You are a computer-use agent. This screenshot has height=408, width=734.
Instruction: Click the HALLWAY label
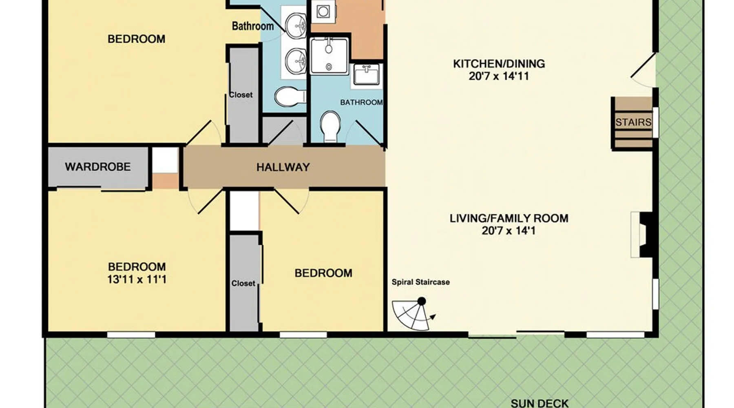283,167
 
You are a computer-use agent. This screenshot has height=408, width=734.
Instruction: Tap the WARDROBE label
98,167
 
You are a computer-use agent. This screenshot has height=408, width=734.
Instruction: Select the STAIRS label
633,122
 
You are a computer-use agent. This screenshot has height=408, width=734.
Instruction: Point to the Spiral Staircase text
421,282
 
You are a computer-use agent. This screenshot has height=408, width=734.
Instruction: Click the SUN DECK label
539,404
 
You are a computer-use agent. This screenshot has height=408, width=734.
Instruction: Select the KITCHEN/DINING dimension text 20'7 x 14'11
499,76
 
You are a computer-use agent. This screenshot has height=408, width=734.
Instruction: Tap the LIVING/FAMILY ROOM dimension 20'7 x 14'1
508,231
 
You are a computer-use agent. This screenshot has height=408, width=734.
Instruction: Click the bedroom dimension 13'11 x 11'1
137,279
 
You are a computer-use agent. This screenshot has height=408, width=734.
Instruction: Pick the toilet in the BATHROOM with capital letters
330,126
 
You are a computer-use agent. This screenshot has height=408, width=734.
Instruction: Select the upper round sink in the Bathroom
296,25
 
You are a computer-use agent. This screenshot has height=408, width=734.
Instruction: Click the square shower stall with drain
329,56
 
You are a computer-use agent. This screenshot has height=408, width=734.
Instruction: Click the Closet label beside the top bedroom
241,95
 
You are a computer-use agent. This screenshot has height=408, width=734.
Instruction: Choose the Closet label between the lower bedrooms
243,283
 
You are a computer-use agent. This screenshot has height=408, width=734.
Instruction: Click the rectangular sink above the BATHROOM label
366,75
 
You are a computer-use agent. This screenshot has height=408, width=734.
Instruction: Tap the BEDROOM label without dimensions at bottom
323,273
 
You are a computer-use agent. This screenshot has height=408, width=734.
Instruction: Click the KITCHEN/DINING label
499,64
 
